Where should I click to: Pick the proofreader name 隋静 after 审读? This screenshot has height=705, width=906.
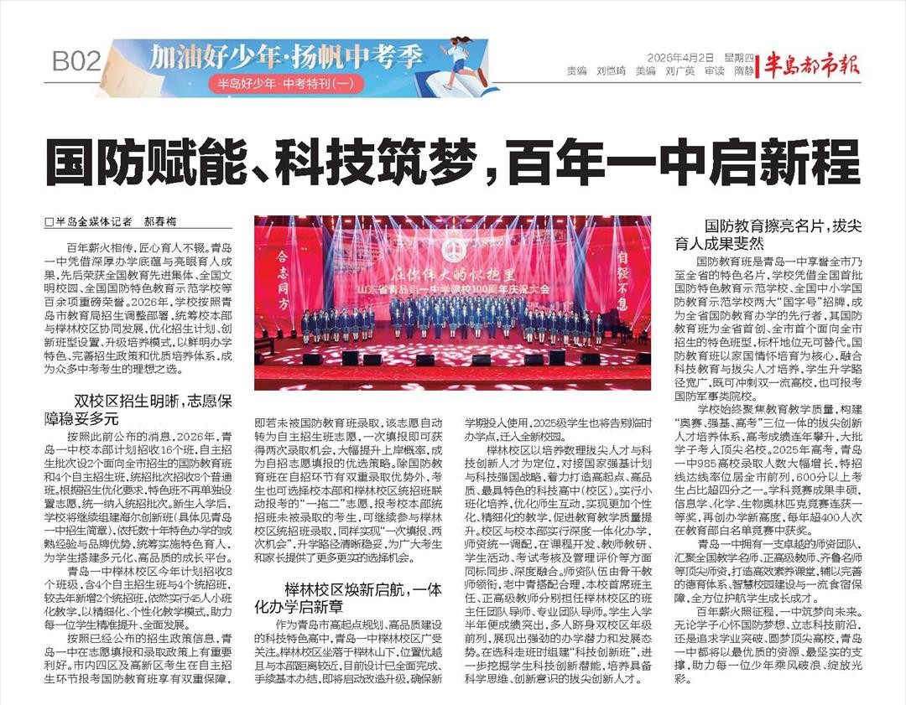tap(743, 72)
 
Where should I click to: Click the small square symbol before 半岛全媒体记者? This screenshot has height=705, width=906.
tap(49, 223)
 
